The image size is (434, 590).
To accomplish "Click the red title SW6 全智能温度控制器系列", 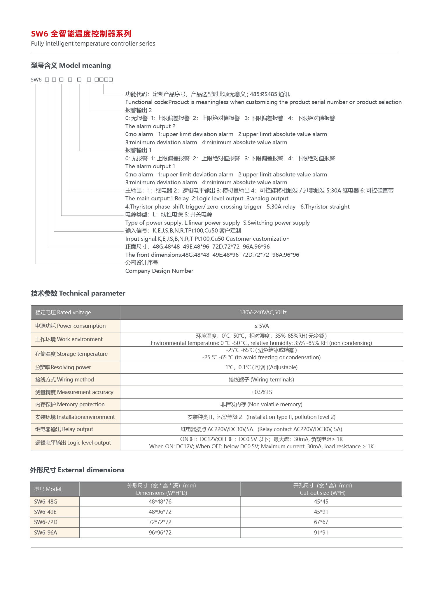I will [x=81, y=34].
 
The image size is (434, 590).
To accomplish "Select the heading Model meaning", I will [x=71, y=65].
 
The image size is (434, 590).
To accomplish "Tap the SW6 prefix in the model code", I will [x=36, y=79].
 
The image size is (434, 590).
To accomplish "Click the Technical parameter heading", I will [x=78, y=293].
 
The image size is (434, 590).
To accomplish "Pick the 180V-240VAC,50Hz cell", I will [x=263, y=312].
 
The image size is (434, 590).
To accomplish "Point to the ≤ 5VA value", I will [x=261, y=326].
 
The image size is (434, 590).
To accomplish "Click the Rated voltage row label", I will [x=63, y=312].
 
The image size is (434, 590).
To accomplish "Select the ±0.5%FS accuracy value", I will [x=261, y=392].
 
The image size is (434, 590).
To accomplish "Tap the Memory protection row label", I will [x=70, y=404].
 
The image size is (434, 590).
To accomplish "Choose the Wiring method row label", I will [x=64, y=379].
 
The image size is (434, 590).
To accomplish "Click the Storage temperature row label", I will [x=71, y=354].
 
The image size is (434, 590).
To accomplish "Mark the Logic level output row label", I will [x=73, y=442].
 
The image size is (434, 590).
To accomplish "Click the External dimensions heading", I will [x=77, y=470].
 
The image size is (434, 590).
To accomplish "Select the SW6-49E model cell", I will [x=45, y=512].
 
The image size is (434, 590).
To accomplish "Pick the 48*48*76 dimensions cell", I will [x=160, y=501].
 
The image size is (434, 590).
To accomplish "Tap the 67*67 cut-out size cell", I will [x=321, y=522].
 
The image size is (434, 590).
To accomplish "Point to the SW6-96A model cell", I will [x=45, y=532].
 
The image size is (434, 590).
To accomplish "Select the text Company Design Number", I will [x=159, y=271].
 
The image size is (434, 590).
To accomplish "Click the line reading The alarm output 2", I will [x=150, y=126].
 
